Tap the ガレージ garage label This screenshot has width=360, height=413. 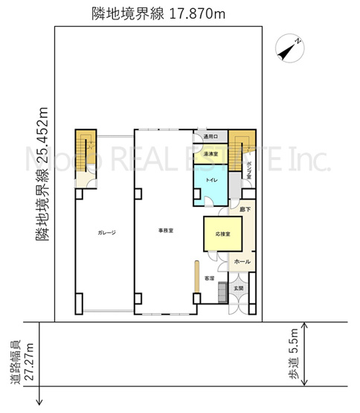click(x=106, y=232)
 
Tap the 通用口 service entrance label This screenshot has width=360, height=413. click(x=211, y=137)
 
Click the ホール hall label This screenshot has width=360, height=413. click(x=242, y=262)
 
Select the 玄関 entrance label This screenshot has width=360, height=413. click(x=238, y=286)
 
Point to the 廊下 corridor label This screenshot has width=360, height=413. click(x=245, y=211)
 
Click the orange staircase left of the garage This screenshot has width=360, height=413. click(x=85, y=148)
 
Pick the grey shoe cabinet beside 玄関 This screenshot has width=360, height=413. click(x=221, y=292)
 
